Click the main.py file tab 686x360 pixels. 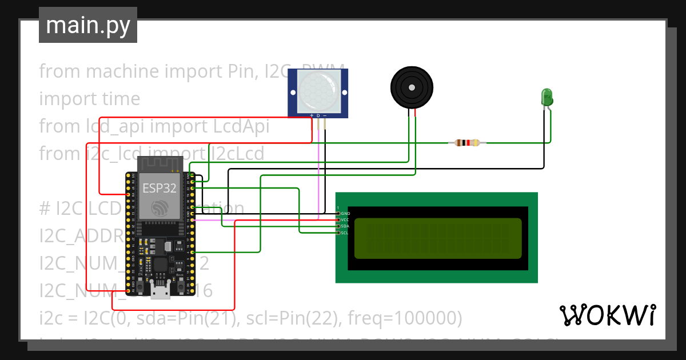point(87,25)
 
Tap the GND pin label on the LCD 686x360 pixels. point(345,213)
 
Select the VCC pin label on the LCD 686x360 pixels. point(345,219)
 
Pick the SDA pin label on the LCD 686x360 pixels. point(345,226)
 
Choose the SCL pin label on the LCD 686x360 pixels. point(345,233)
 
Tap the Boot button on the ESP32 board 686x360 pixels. point(181,283)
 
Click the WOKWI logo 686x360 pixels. point(607,315)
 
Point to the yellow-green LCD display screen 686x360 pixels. point(438,238)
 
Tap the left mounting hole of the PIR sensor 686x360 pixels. point(292,92)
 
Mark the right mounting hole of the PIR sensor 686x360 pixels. point(344,92)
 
